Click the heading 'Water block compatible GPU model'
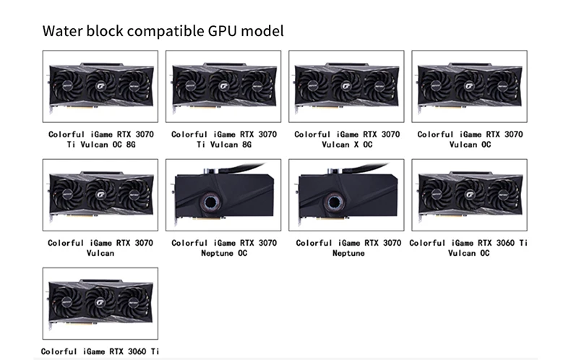163,31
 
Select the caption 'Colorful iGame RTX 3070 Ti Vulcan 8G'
223,140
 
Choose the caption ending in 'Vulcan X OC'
347,140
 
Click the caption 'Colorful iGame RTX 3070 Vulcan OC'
470,140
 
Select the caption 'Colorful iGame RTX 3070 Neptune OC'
223,248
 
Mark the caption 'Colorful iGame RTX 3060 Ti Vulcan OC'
469,248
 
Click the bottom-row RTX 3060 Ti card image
100,304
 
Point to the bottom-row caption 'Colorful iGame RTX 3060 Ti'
100,351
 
